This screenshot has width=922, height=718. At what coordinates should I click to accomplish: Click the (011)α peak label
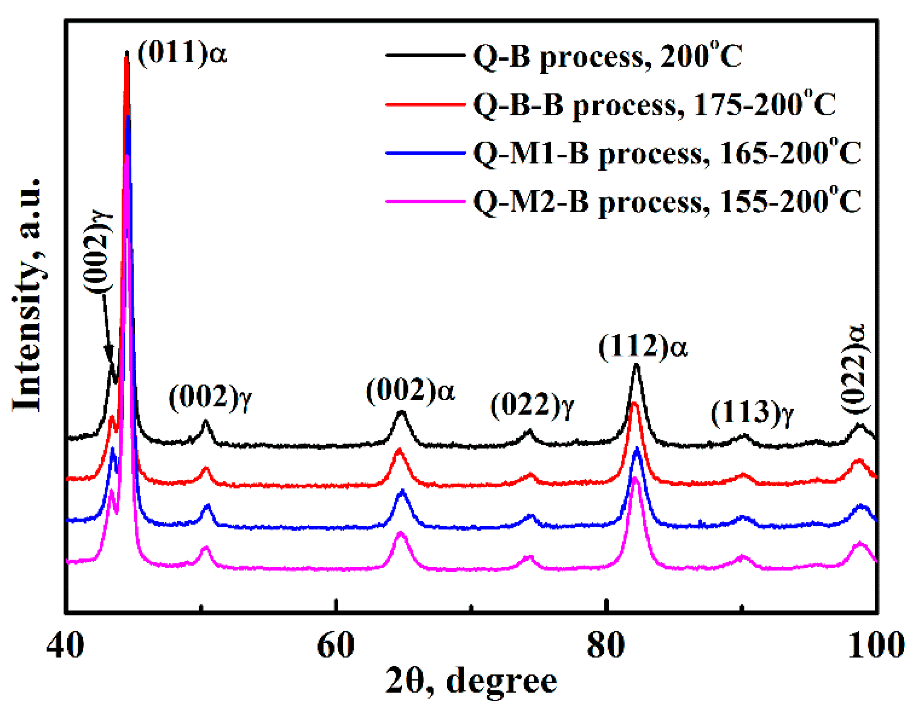[x=182, y=53]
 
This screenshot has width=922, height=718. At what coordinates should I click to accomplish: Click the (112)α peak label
[x=643, y=346]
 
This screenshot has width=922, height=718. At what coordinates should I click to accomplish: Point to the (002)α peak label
[x=410, y=391]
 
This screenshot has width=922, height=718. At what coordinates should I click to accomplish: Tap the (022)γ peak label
[x=532, y=406]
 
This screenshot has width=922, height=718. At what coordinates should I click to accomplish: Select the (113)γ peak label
[x=752, y=412]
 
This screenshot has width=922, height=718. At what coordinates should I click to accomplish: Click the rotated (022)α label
[x=855, y=369]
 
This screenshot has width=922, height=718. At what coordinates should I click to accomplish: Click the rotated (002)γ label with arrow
[x=97, y=251]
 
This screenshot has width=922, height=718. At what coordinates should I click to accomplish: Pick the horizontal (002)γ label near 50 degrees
[x=210, y=397]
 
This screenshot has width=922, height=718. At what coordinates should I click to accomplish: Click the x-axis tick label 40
[x=65, y=645]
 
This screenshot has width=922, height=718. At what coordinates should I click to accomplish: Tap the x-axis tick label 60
[x=335, y=645]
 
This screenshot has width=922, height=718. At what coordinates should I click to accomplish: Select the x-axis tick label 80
[x=606, y=645]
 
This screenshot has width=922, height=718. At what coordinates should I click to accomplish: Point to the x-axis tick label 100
[x=876, y=645]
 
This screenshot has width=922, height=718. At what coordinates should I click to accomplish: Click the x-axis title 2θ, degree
[x=471, y=681]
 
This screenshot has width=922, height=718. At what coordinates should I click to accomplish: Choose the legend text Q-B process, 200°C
[x=608, y=57]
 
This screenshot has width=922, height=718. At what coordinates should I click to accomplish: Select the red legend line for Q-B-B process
[x=425, y=105]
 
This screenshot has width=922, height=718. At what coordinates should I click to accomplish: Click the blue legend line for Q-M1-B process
[x=425, y=153]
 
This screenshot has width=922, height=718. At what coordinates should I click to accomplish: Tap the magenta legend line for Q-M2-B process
[x=425, y=201]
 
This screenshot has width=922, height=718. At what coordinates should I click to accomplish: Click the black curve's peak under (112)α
[x=636, y=365]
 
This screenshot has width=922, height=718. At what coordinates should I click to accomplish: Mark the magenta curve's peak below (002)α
[x=400, y=533]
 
